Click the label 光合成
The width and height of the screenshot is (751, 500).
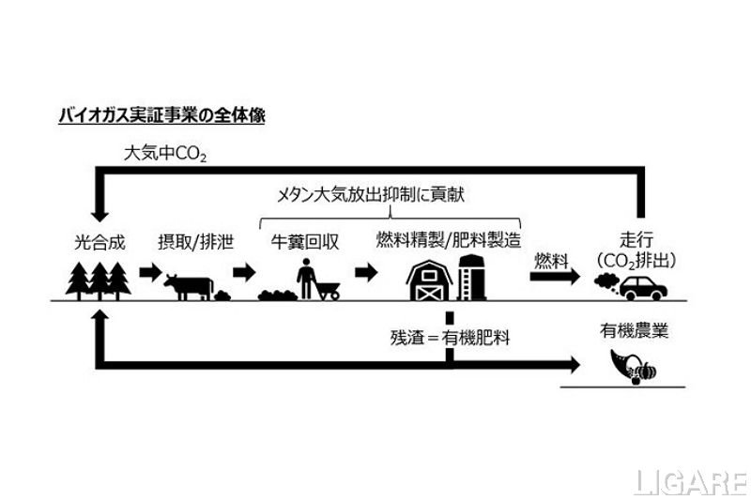[99, 241]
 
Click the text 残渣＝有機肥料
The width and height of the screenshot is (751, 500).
[450, 335]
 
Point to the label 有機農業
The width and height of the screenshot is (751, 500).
[635, 332]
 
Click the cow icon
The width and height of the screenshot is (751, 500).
[189, 285]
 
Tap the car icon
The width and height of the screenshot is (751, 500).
[646, 286]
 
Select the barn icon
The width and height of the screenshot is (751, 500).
[431, 280]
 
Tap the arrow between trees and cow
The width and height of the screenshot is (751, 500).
[149, 272]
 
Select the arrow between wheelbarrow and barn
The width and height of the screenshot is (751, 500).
[366, 272]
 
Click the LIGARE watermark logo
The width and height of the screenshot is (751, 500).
[690, 481]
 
